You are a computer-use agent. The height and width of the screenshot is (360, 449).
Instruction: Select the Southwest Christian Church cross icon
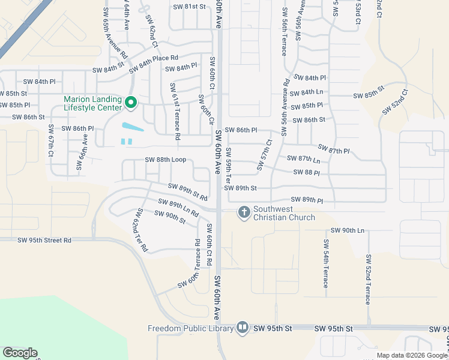coord(244,212)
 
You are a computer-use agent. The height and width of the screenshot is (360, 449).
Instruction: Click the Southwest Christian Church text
coord(283,213)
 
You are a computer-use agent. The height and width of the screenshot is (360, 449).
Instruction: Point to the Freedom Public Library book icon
coord(242,328)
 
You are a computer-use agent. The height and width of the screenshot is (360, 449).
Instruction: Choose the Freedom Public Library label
coord(191,328)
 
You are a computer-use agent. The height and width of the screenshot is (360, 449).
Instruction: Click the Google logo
coord(20,353)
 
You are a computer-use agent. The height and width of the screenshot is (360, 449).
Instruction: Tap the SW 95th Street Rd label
coord(44,241)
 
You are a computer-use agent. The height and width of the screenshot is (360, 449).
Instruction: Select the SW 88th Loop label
coord(165,160)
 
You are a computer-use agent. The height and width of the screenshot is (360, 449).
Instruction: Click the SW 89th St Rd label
coord(188,192)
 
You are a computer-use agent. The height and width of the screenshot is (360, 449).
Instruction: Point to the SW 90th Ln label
coord(348,230)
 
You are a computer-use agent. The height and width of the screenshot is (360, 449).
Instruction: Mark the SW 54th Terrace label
coord(326,263)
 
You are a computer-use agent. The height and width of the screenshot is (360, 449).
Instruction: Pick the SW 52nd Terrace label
coord(368,279)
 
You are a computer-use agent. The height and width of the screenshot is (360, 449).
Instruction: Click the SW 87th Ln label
coord(304,159)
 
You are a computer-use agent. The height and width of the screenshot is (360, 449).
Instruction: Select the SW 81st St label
coord(189,7)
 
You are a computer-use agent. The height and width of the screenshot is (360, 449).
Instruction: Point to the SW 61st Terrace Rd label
coord(175,112)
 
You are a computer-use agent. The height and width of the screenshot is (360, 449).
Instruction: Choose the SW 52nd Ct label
coord(395,101)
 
